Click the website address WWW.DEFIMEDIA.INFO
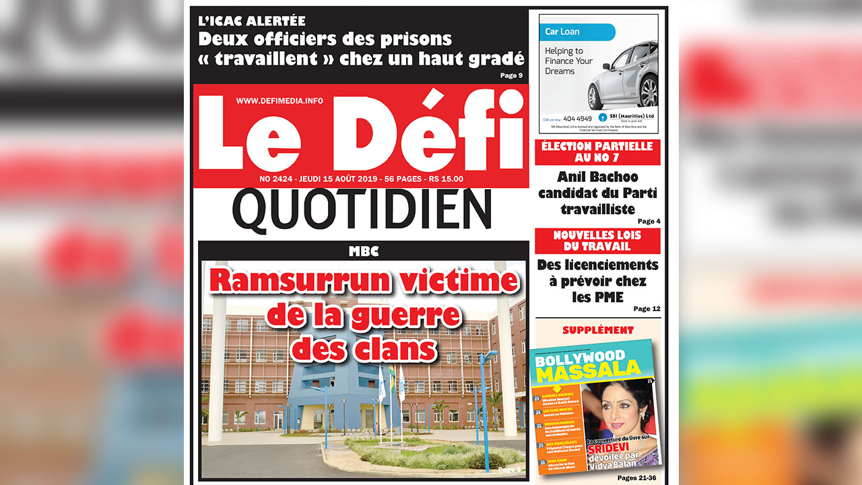(279, 100)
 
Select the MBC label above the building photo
(364, 251)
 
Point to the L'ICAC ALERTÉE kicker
(251, 21)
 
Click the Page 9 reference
(511, 75)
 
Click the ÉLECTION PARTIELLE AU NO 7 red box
(597, 152)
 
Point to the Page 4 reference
(649, 221)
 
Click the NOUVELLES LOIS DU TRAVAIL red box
(597, 240)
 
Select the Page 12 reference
(646, 309)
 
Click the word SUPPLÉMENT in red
(597, 330)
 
